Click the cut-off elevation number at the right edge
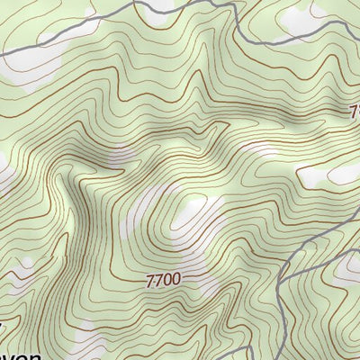[x=354, y=111]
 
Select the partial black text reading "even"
[x=20, y=355]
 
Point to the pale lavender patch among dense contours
[x=117, y=160]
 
